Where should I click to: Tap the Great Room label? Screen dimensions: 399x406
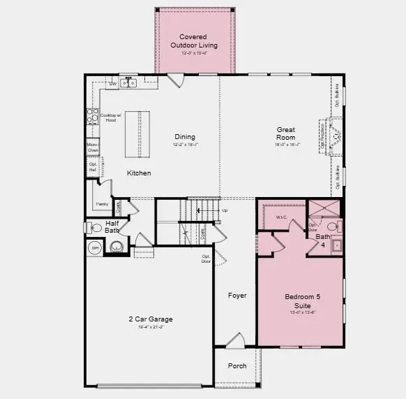click(x=286, y=133)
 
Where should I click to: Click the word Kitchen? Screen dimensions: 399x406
click(x=139, y=173)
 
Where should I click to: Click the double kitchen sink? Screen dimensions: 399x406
click(x=129, y=84)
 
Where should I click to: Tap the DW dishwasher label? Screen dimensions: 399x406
click(x=112, y=84)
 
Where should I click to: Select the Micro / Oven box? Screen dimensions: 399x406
click(x=92, y=148)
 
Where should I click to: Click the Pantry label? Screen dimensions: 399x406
click(x=100, y=204)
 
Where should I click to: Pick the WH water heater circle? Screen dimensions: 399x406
click(x=94, y=247)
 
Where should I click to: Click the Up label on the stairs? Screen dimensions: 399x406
click(x=224, y=210)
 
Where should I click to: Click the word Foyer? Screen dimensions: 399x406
click(x=237, y=296)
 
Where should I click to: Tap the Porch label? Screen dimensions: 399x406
click(x=237, y=365)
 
